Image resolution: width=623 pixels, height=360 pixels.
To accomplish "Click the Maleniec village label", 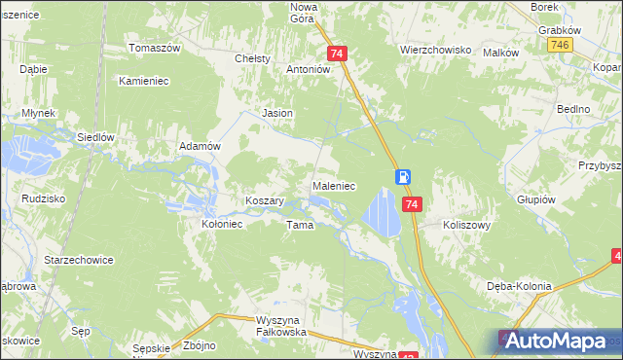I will pos(333,185).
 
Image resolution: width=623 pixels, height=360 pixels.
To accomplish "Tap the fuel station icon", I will pos(402,177).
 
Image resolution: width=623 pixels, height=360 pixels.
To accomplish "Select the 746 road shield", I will pos(559,46).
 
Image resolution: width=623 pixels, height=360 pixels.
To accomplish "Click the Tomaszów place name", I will pos(156,48).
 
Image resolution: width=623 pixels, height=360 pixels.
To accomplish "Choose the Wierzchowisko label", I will pos(435,49).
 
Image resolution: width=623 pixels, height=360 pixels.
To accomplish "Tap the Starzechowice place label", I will pos(79,260).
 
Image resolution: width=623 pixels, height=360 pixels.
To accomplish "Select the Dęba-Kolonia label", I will pos(520,286).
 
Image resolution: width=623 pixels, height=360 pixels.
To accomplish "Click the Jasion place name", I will pos(278,113).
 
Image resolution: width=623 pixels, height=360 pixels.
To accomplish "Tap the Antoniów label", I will pos(310,70).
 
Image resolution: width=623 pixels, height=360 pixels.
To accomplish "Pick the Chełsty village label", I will pos(253,59).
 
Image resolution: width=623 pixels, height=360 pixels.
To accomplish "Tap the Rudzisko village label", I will pos(42,198).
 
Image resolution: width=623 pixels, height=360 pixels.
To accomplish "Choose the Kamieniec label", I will pos(145,81).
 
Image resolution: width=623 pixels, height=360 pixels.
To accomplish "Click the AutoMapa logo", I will pos(555,342).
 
